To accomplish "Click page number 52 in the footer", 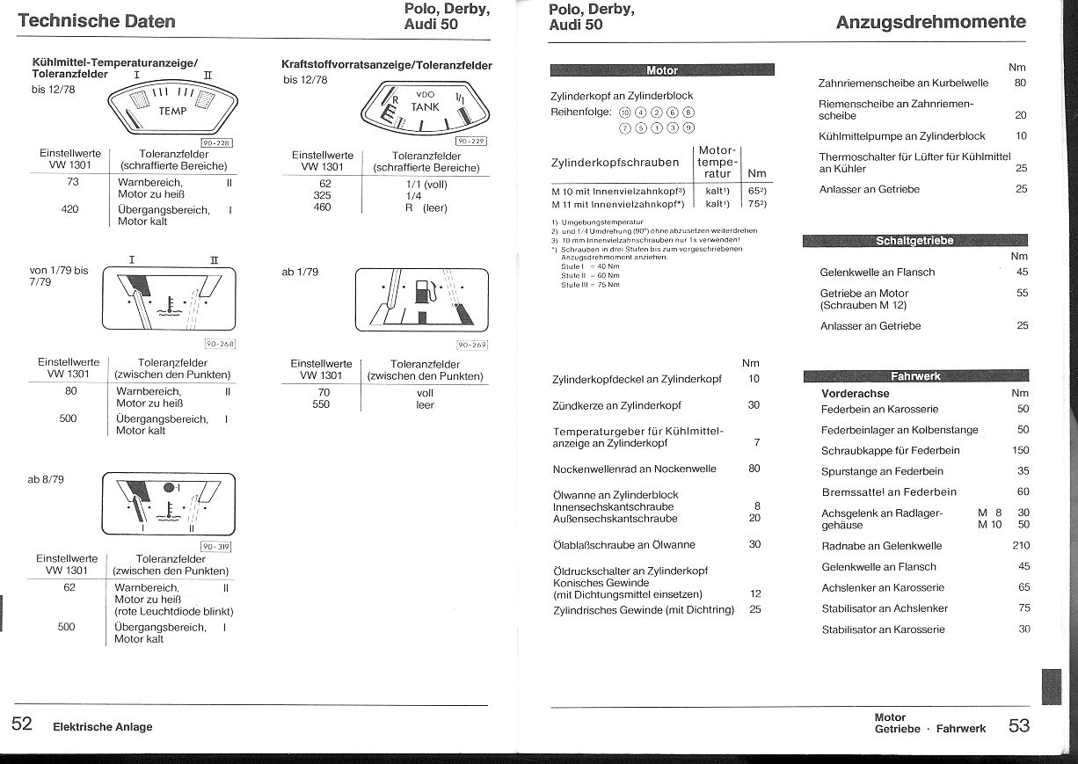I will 22,724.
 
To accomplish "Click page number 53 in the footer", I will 1019,725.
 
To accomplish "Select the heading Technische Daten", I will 97,21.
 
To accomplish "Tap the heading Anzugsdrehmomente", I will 930,22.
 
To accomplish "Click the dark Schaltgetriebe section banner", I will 914,241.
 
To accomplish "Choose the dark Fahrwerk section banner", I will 915,376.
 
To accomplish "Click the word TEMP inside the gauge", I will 172,111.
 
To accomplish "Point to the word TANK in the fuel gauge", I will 425,106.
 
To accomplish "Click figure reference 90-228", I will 216,142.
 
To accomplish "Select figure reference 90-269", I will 471,346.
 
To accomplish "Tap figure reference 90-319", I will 216,545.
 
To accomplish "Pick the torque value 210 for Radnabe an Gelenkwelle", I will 1020,546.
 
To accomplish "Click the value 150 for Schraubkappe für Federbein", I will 1020,450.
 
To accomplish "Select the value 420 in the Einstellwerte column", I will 70,209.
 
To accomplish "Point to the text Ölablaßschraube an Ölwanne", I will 623,545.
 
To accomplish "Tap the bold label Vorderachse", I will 855,394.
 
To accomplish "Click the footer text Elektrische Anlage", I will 102,727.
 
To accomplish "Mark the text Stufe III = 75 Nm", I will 590,285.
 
